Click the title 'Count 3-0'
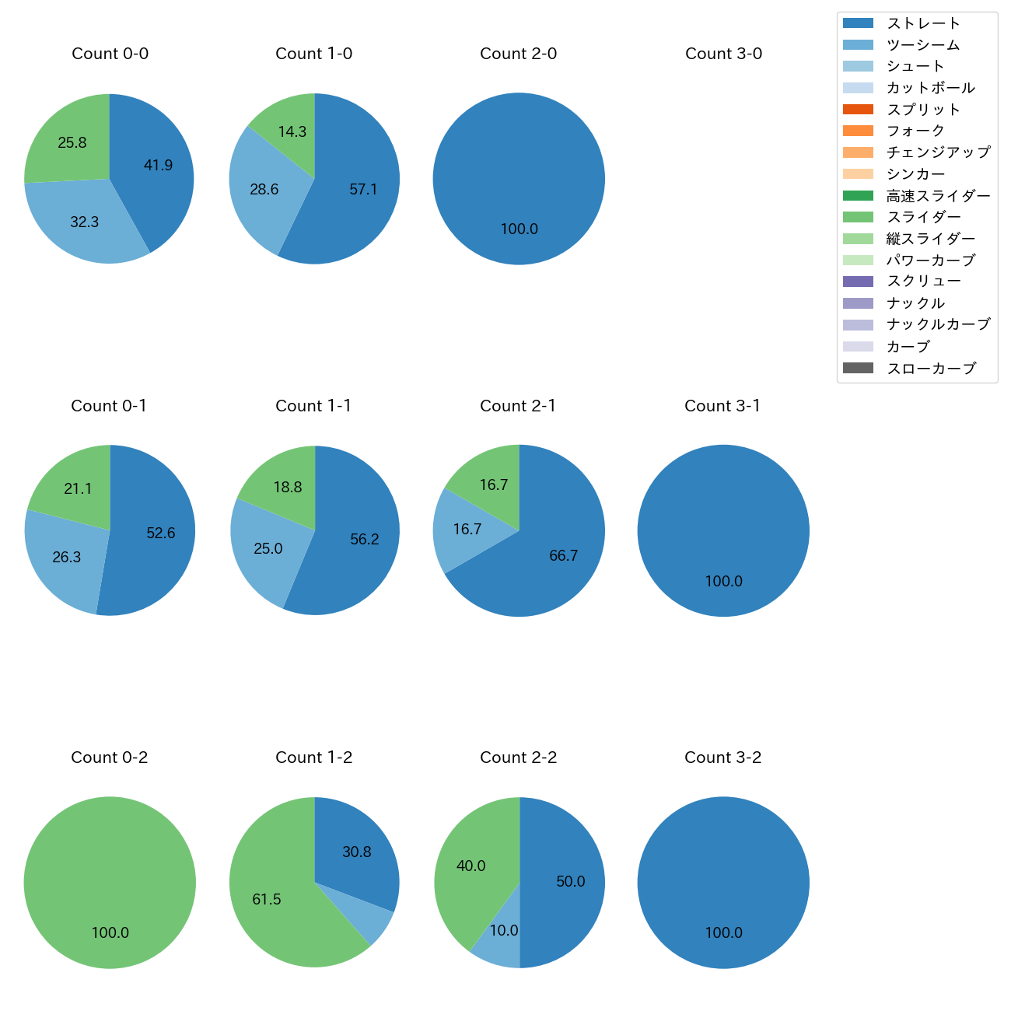(723, 54)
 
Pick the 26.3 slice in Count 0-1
(66, 556)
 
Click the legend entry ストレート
(923, 23)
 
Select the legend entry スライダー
(923, 217)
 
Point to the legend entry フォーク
(915, 131)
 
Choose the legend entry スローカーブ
(931, 369)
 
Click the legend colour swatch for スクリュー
(858, 282)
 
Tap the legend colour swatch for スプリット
(858, 110)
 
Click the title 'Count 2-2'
(519, 757)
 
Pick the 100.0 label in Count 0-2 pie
(110, 932)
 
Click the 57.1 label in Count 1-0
(363, 189)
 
